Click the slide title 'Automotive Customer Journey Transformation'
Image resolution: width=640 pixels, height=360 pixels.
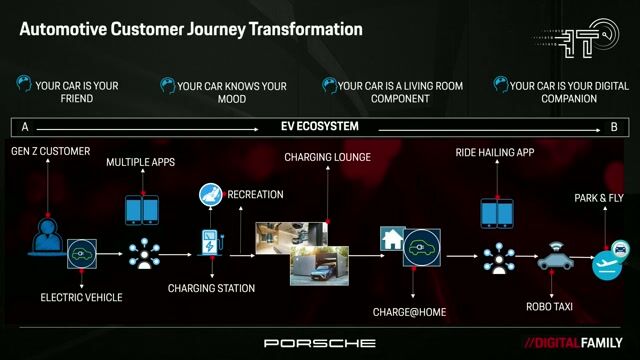191,29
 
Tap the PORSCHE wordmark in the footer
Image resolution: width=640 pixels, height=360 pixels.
320,343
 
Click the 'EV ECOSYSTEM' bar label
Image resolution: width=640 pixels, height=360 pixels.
319,127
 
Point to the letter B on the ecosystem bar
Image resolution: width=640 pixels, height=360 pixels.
614,127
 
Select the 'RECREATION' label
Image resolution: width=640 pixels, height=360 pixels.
255,194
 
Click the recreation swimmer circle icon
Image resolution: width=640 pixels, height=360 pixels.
211,194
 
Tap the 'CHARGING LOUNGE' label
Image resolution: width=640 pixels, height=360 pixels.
327,157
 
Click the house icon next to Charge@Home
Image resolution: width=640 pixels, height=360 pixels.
391,239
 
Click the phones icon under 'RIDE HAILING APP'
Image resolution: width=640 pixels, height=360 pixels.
497,213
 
